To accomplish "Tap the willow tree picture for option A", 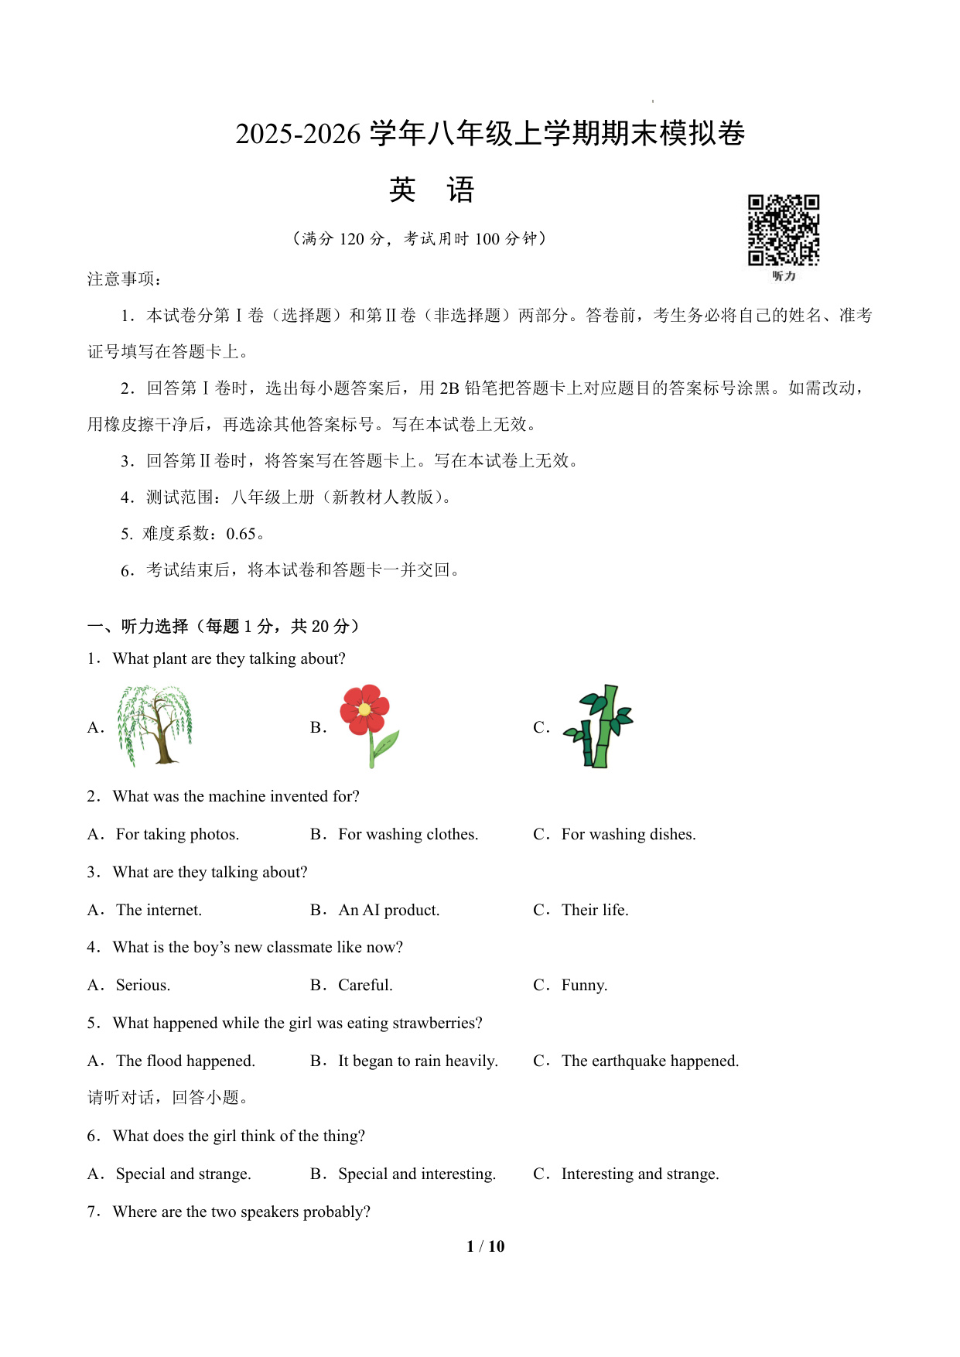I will coord(155,726).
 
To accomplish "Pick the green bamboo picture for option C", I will coord(600,726).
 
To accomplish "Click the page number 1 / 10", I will coord(485,1246).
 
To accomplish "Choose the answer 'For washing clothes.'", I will coord(408,834).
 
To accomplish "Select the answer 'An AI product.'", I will coord(388,910).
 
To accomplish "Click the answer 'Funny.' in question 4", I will coord(584,985).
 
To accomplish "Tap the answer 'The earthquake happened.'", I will coord(650,1061).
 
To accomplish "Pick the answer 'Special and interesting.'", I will coord(417,1174).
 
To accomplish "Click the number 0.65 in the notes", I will coord(241,534).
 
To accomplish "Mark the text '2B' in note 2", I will coord(449,388).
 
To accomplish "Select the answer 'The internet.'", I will coord(159,910).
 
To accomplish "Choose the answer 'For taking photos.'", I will coord(177,834).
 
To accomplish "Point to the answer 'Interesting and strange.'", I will coord(640,1174).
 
